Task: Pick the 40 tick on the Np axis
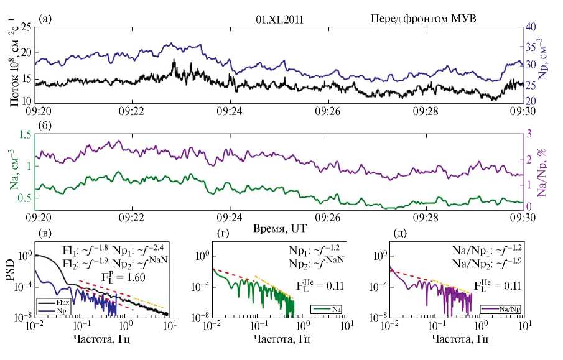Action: [533, 27]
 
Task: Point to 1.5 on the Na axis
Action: [25, 136]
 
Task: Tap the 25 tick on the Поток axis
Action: [26, 27]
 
